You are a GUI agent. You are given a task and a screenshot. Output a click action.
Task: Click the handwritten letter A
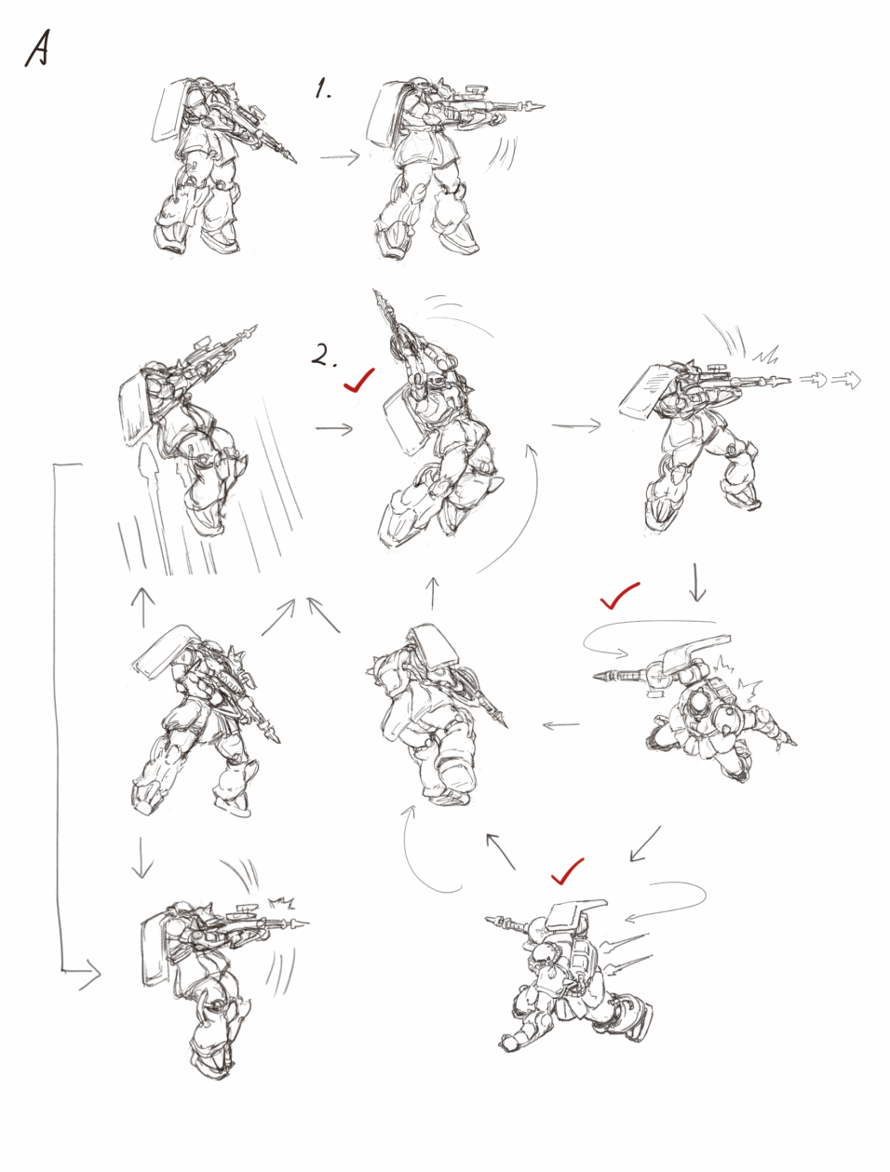pyautogui.click(x=37, y=49)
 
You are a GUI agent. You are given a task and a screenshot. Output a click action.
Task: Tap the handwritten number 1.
pyautogui.click(x=322, y=88)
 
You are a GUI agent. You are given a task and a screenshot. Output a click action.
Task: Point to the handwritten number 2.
pyautogui.click(x=324, y=355)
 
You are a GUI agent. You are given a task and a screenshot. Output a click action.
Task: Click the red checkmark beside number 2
pyautogui.click(x=358, y=380)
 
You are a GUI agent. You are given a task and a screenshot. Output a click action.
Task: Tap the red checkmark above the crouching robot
pyautogui.click(x=567, y=871)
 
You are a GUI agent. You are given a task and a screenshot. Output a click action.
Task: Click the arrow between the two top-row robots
pyautogui.click(x=340, y=157)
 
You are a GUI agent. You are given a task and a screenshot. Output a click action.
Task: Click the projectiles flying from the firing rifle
pyautogui.click(x=829, y=380)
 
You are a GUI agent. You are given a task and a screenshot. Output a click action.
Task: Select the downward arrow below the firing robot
pyautogui.click(x=696, y=582)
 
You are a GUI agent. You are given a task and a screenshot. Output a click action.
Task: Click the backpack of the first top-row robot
pyautogui.click(x=170, y=110)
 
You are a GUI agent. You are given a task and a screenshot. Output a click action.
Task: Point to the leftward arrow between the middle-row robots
pyautogui.click(x=560, y=725)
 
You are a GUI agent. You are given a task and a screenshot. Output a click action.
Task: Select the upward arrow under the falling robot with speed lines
pyautogui.click(x=143, y=607)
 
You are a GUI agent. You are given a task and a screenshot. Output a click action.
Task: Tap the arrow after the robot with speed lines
pyautogui.click(x=334, y=428)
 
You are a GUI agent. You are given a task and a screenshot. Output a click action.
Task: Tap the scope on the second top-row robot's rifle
pyautogui.click(x=477, y=89)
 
